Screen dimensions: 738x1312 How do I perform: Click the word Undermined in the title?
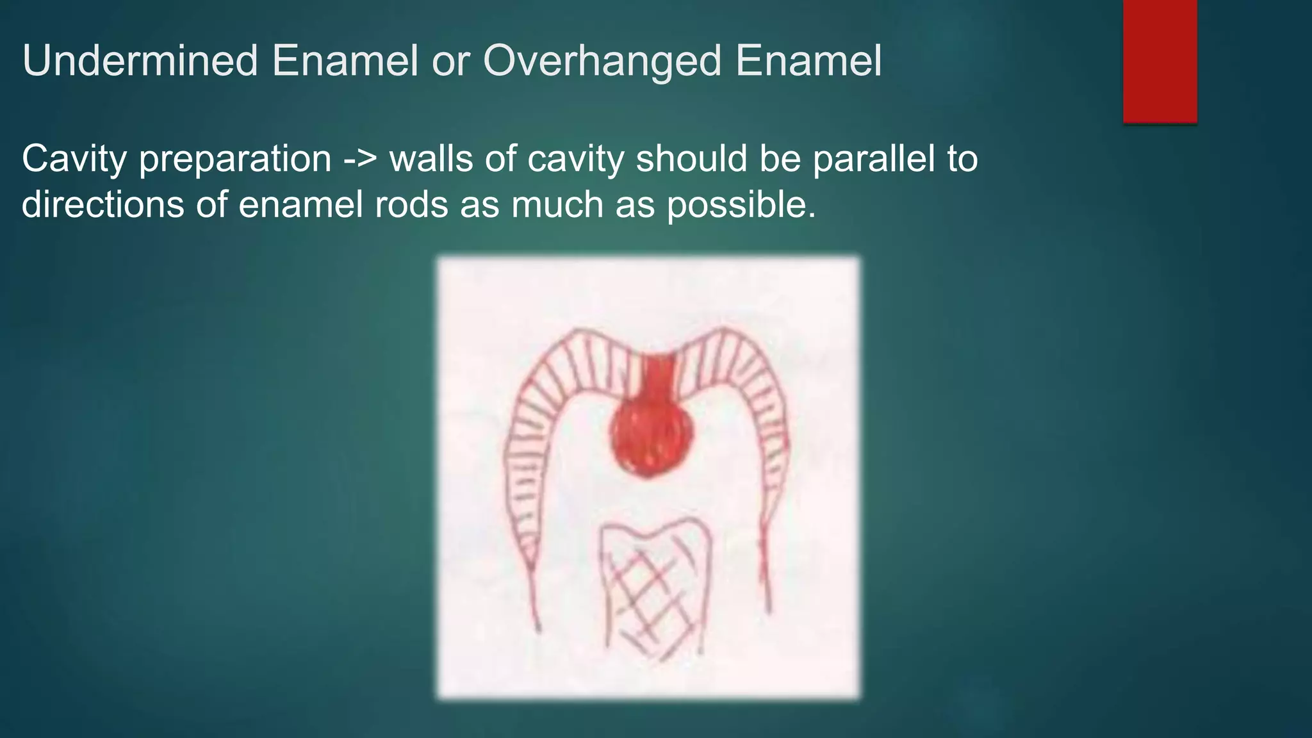[x=140, y=61]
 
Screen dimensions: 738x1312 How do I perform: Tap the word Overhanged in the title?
[x=602, y=61]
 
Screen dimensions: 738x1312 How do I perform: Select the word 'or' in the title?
[x=451, y=61]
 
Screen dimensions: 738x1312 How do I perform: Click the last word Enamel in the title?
[x=808, y=61]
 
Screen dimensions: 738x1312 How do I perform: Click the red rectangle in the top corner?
[x=1160, y=61]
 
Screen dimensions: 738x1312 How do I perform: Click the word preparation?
[x=235, y=159]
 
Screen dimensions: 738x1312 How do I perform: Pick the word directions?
[x=102, y=205]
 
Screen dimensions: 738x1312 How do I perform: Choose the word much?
[x=557, y=205]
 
